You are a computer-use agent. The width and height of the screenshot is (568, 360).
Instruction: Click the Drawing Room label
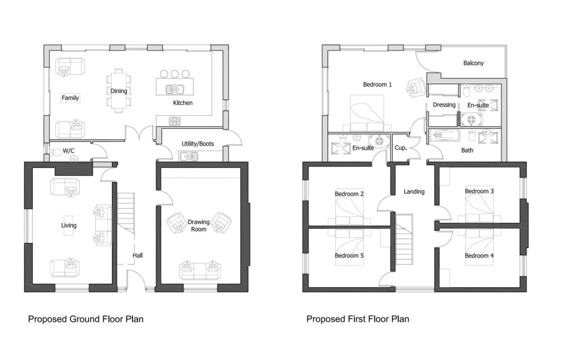click(x=199, y=225)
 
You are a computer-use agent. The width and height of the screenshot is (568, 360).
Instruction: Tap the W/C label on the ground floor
click(x=69, y=150)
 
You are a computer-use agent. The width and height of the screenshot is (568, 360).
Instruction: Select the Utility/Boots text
click(x=197, y=144)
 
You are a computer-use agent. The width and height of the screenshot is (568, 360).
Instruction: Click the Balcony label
click(x=473, y=63)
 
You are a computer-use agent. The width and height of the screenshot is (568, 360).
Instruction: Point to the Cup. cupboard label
click(x=401, y=148)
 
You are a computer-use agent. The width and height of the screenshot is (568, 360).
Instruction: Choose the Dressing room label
click(x=444, y=105)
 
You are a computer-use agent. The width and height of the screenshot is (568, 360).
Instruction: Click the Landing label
click(x=414, y=191)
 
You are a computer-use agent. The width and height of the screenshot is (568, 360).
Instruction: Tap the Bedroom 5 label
click(x=349, y=256)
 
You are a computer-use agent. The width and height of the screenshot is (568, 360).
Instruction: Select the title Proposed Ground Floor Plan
click(x=86, y=319)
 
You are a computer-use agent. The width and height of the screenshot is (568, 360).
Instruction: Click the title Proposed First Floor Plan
click(x=358, y=319)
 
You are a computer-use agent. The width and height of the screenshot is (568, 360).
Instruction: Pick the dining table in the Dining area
click(x=119, y=90)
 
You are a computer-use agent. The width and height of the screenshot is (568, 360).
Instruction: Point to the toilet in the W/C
click(x=57, y=151)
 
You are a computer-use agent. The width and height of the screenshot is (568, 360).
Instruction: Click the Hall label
click(x=138, y=256)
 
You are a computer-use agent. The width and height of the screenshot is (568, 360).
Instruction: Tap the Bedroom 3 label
click(x=479, y=191)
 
